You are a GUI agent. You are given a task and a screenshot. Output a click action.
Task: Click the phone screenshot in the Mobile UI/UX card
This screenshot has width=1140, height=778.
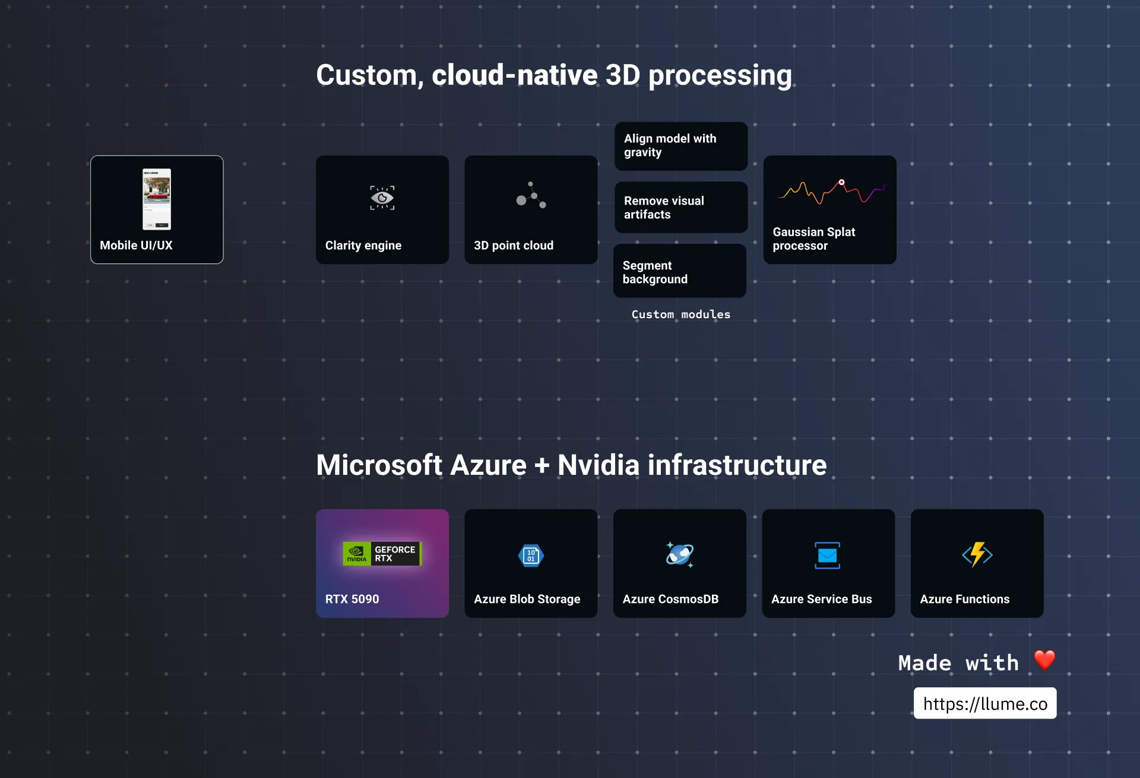(157, 199)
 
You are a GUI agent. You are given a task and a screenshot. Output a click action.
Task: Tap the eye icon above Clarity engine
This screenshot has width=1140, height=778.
(382, 198)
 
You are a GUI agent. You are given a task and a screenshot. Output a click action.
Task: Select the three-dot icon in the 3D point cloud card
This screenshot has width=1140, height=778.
(531, 196)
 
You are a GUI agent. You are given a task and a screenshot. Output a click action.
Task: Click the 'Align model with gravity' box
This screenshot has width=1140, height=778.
(680, 146)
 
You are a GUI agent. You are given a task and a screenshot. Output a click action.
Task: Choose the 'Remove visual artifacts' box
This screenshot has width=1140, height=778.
(680, 208)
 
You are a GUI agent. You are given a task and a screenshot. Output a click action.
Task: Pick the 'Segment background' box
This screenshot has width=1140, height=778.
(679, 272)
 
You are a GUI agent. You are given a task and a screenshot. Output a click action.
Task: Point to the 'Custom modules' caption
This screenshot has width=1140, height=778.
(680, 315)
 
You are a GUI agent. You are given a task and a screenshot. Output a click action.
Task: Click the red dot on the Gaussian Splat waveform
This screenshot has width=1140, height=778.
(841, 182)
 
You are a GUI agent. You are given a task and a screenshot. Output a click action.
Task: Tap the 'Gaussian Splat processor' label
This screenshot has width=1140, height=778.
(813, 239)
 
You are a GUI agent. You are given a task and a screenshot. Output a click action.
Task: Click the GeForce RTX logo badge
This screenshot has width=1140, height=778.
(382, 554)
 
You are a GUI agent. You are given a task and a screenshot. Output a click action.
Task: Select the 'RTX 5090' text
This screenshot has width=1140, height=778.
(351, 599)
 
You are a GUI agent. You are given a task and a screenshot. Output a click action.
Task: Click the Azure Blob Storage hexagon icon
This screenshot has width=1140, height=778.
(531, 555)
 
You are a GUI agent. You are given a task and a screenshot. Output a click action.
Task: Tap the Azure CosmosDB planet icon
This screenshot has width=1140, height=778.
(679, 555)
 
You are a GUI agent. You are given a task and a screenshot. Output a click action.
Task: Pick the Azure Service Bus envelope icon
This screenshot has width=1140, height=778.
(827, 555)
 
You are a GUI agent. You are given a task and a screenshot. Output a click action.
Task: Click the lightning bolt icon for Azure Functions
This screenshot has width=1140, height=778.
(977, 555)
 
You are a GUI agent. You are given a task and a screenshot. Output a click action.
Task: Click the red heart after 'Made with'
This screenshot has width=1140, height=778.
(1044, 660)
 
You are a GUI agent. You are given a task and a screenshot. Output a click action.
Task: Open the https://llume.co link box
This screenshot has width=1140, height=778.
(984, 703)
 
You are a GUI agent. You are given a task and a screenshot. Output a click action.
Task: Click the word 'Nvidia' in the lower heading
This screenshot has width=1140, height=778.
(598, 465)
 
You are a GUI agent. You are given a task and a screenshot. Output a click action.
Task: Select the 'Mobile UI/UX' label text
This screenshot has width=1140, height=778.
(136, 245)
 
